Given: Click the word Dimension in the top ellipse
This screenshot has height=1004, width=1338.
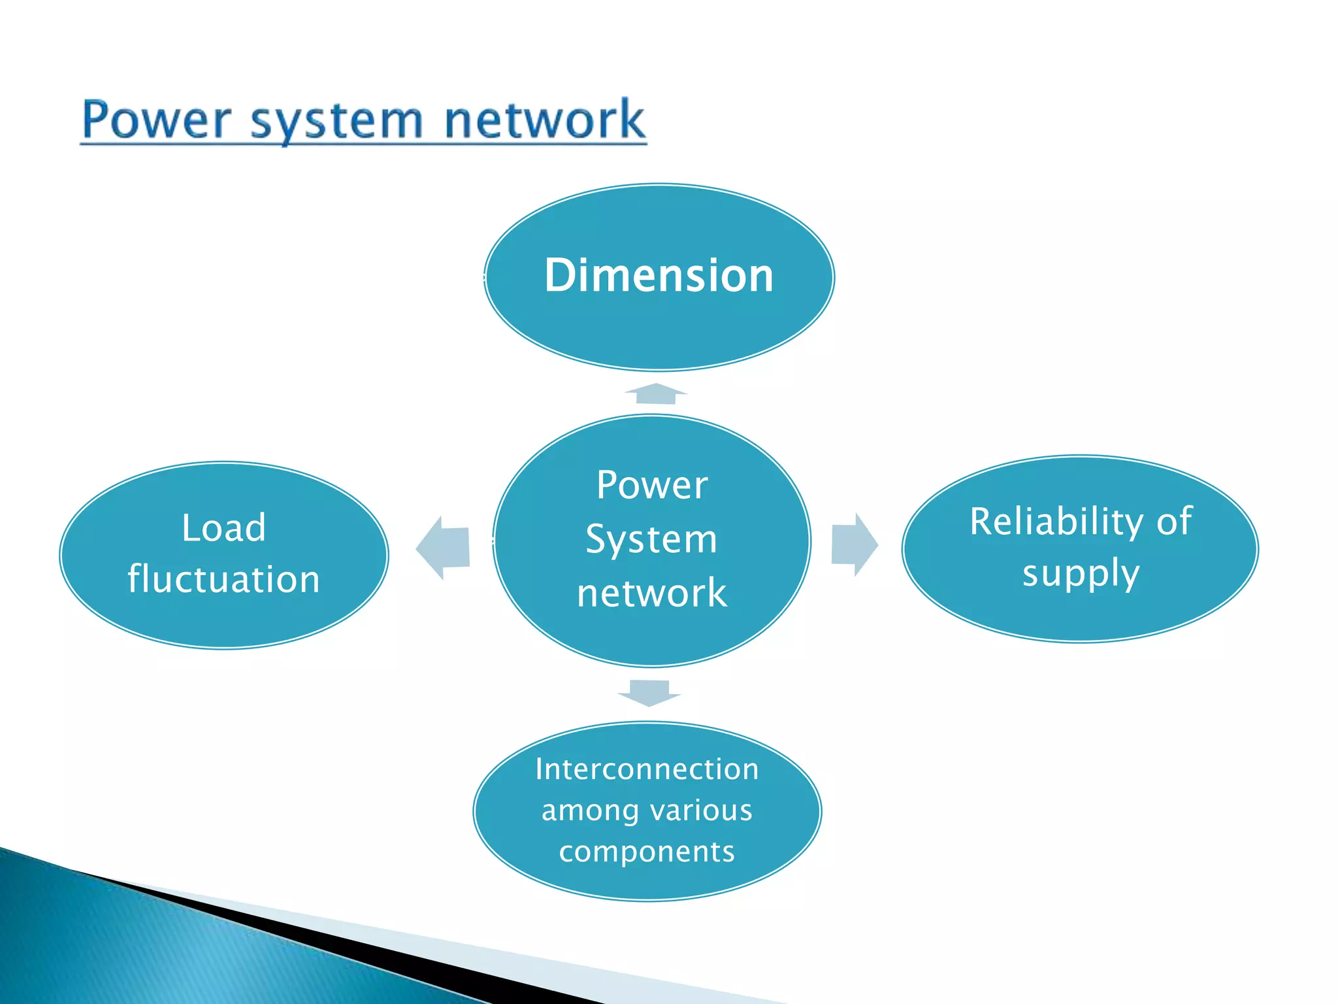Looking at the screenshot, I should [659, 275].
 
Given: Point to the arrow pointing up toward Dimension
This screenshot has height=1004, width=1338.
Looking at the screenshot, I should [655, 394].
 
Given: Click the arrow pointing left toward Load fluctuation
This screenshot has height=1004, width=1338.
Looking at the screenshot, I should [445, 547].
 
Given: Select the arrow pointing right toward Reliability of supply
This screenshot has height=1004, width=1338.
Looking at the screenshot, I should [853, 544].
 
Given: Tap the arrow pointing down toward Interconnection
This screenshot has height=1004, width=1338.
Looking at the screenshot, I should [649, 692].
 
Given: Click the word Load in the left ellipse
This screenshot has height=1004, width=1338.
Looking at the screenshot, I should [224, 527].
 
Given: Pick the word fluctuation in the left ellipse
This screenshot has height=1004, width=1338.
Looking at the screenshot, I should [224, 579].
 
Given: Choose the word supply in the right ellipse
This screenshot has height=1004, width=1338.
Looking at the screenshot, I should [1081, 574].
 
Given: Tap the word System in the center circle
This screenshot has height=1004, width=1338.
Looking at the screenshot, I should [651, 540].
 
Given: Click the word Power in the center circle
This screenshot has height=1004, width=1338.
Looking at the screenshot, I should [652, 486].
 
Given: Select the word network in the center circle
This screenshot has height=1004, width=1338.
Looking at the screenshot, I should [651, 593].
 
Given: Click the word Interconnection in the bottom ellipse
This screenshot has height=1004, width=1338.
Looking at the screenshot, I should [647, 769].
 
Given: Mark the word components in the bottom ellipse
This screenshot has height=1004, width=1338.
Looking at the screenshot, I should [647, 852].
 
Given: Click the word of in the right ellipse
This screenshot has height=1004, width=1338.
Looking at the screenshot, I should [1174, 522].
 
